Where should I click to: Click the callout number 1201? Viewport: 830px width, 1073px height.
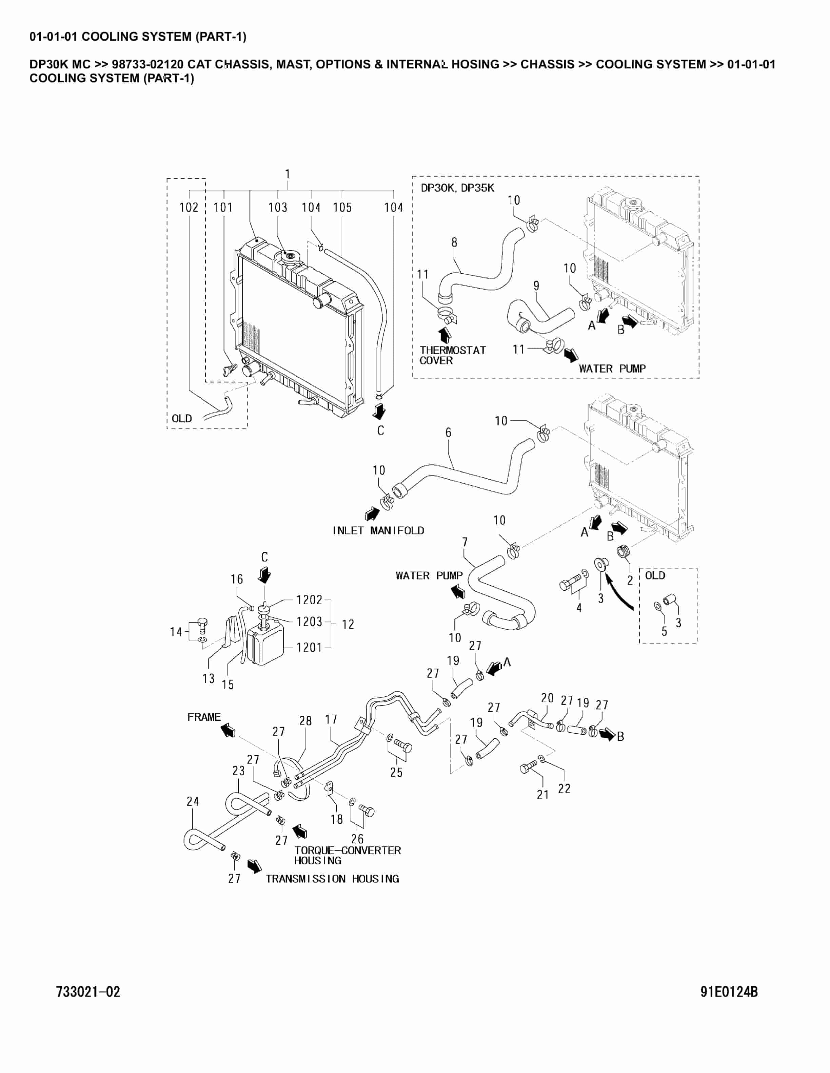pyautogui.click(x=309, y=648)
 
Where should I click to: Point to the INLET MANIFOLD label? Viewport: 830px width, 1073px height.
pyautogui.click(x=378, y=531)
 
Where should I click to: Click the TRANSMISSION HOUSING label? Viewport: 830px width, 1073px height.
pyautogui.click(x=332, y=879)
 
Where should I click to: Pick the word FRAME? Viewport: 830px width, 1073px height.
pyautogui.click(x=203, y=717)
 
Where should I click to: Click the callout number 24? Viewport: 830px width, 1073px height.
pyautogui.click(x=193, y=801)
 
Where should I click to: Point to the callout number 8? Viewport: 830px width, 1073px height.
pyautogui.click(x=454, y=242)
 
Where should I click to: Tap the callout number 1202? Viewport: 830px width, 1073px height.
pyautogui.click(x=309, y=600)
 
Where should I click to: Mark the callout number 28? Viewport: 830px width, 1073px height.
pyautogui.click(x=305, y=721)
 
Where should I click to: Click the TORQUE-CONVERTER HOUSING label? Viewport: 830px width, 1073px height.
pyautogui.click(x=347, y=855)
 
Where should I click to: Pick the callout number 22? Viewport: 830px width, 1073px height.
pyautogui.click(x=564, y=788)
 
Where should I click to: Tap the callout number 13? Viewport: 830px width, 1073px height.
pyautogui.click(x=209, y=678)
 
